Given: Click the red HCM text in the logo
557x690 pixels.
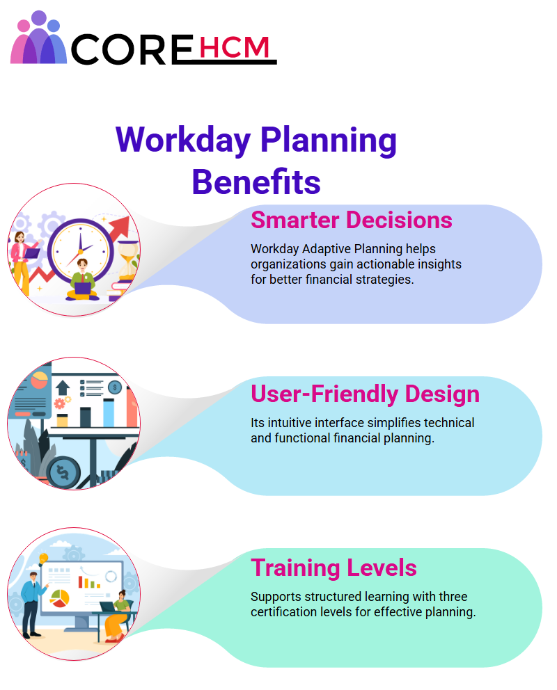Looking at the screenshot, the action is coord(234,47).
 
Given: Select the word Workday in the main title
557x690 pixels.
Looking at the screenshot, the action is coord(182,140).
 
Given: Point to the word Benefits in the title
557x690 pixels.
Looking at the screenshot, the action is coord(256,182).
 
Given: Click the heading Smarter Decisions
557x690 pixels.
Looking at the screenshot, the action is coord(352,220).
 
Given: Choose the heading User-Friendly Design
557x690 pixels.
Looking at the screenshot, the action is coord(365,394).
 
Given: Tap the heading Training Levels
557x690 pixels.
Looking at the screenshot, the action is coord(334,568).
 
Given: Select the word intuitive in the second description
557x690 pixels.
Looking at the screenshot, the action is coord(290,422).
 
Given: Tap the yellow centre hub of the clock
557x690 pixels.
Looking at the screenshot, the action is coord(81,252).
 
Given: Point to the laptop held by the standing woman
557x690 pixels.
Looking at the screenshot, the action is coord(32,253).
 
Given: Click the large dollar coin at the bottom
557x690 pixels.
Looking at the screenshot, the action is coord(63,472).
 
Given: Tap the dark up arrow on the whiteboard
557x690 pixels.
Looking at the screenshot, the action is coord(63,387).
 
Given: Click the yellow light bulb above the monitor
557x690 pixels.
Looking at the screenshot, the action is coord(43,558).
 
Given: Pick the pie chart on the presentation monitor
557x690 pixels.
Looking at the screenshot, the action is coord(60,598).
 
